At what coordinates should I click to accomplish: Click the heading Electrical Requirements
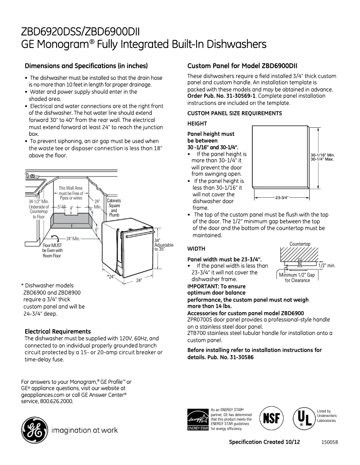pos(57,331)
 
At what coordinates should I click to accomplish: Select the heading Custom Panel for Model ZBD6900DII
pos(243,65)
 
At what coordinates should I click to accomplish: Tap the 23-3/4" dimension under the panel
pos(281,197)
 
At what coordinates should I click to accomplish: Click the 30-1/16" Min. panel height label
pos(323,155)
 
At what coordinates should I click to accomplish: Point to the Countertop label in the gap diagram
pos(300,244)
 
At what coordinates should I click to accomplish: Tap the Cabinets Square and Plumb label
pos(114,208)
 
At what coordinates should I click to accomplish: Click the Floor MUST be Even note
pos(53,251)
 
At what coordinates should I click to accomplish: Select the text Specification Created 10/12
pos(264,442)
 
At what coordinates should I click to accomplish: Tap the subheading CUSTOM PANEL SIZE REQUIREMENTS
pos(234,113)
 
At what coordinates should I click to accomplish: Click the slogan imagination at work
pos(85,430)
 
